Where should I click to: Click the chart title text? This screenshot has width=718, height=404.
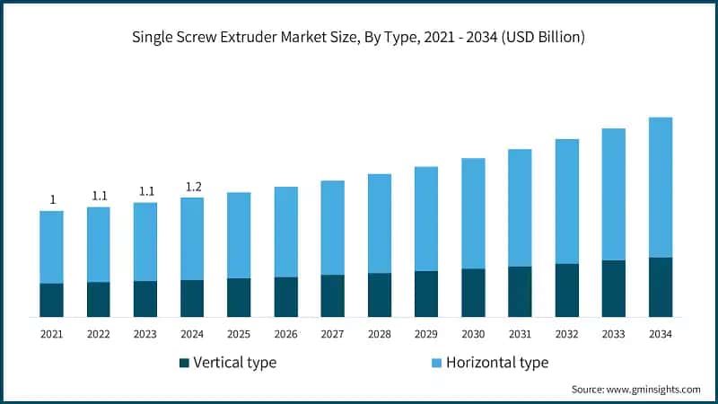tap(359, 38)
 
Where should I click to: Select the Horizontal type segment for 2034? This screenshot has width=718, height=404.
tap(661, 187)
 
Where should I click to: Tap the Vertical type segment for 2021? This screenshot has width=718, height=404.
tap(52, 300)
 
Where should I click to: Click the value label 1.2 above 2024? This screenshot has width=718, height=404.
tap(192, 187)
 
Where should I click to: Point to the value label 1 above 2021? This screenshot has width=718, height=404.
tap(52, 199)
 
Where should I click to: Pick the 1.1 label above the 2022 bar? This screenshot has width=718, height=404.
tap(99, 196)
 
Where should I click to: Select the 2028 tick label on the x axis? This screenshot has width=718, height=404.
tap(380, 334)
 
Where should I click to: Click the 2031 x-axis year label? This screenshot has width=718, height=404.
tap(520, 334)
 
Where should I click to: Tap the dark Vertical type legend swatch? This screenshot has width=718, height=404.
tap(185, 363)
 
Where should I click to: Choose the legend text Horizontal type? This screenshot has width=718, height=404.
tap(496, 363)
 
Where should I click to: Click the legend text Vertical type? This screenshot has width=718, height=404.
tap(236, 363)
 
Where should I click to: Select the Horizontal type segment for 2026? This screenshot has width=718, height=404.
tap(286, 232)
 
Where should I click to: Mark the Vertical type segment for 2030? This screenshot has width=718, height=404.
tap(473, 293)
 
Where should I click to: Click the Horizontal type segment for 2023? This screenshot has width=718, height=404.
tap(145, 242)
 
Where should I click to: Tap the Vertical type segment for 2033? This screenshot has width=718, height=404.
tap(614, 288)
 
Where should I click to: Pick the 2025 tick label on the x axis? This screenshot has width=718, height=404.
tap(239, 334)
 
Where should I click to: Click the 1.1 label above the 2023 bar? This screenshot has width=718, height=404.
tap(145, 191)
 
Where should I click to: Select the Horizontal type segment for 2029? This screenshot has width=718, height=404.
tap(426, 219)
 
